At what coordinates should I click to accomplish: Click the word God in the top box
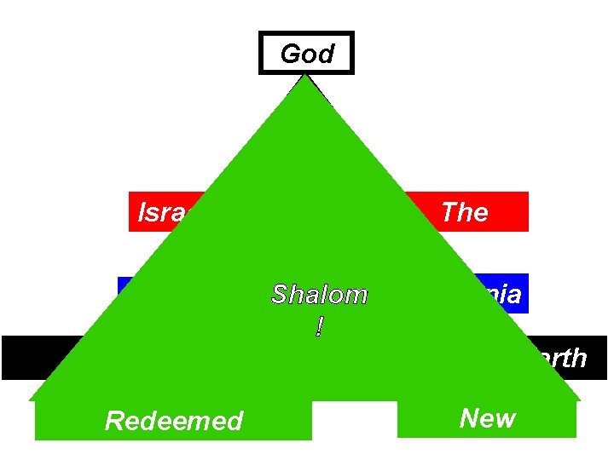coord(306,55)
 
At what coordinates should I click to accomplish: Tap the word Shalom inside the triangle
coord(319,295)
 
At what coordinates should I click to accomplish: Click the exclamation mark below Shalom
coord(319,326)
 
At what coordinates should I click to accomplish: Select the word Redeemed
coord(173,421)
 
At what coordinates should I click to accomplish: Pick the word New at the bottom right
coord(487,418)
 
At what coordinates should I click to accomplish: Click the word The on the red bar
coord(464,212)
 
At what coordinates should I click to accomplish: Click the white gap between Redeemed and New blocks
coord(354,420)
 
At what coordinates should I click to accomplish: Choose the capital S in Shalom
coord(279,295)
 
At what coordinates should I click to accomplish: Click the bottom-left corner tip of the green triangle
coord(31,399)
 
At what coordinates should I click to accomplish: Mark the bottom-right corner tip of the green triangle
coord(579,399)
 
